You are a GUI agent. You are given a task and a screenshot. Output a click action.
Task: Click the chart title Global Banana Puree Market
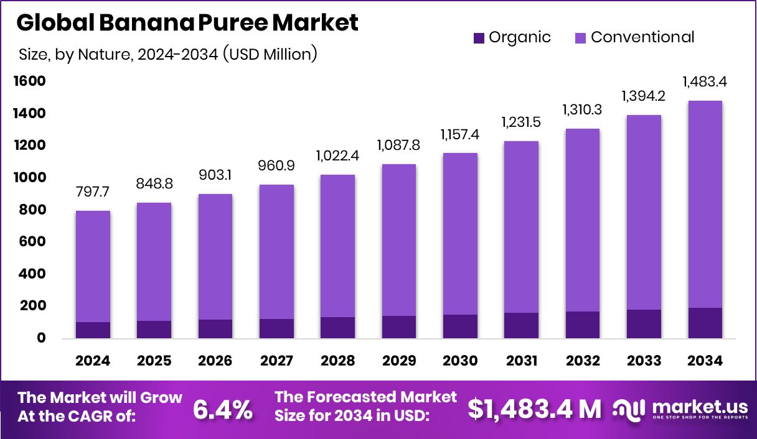(187, 23)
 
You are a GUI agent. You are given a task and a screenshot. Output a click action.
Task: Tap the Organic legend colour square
(479, 37)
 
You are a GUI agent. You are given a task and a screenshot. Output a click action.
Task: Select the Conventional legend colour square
(580, 37)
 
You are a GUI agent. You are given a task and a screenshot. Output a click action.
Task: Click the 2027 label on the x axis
(276, 361)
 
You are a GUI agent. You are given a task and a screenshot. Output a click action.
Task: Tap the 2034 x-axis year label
(705, 361)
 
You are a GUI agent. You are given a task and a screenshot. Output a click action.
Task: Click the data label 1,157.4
(461, 134)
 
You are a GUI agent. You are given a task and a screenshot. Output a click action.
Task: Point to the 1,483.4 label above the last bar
(705, 81)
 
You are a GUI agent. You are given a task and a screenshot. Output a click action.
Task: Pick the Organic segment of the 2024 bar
(93, 330)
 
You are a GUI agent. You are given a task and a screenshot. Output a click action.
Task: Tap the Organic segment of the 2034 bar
(705, 323)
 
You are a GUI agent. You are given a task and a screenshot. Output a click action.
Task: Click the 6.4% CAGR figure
(222, 409)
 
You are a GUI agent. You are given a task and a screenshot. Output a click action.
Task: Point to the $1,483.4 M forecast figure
(535, 409)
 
